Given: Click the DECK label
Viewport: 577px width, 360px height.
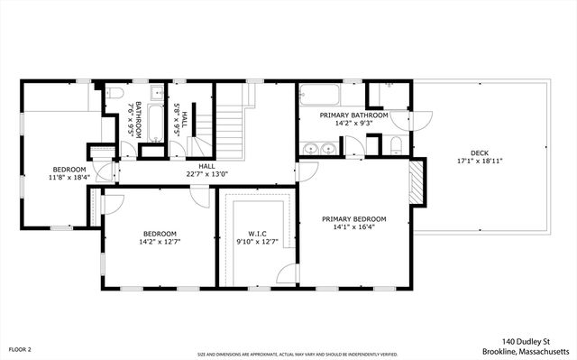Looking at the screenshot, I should click(x=478, y=152).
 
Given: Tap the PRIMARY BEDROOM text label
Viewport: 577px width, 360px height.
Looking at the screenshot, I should click(x=354, y=219).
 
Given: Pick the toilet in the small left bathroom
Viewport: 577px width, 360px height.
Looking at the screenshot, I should click(x=115, y=93).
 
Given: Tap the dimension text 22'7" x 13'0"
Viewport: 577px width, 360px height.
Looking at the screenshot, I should click(x=207, y=174).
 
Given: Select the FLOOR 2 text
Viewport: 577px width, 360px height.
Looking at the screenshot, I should click(x=20, y=349).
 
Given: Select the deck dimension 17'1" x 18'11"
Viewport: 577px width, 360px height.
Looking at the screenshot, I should click(x=478, y=162).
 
